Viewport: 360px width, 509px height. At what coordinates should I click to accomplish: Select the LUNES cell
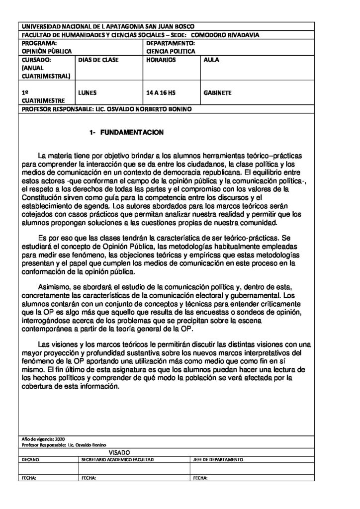pos(88,92)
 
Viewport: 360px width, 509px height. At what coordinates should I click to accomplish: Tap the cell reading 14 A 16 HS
pos(161,92)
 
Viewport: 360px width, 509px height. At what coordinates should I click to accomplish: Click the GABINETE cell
pos(218,92)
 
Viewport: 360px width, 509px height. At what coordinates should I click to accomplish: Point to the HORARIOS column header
pos(162,60)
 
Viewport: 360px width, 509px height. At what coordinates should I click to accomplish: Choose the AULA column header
pos(211,60)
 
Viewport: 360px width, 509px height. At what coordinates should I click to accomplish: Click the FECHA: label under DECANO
pos(29,478)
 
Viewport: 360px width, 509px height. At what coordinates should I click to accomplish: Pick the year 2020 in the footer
pos(60,440)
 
